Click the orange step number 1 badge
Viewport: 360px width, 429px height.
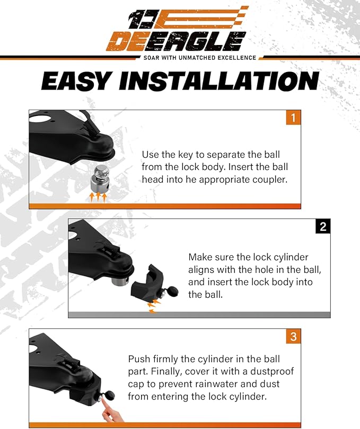coord(293,117)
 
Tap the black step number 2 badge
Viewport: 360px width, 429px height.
coord(323,227)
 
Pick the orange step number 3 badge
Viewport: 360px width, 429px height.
coord(293,336)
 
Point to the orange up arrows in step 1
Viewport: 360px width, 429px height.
coord(98,198)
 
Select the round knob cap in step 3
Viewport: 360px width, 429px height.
coord(109,396)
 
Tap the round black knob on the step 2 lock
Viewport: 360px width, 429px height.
coord(172,292)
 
